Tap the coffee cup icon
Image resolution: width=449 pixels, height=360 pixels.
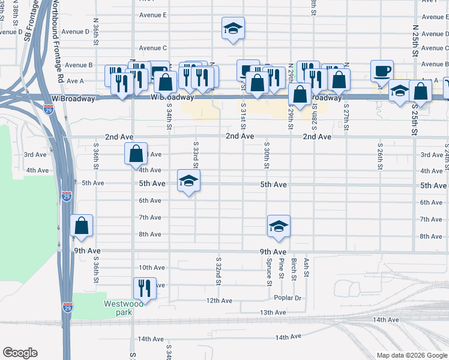(x=382, y=71)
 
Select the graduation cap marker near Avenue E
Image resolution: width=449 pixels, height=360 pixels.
(x=233, y=28)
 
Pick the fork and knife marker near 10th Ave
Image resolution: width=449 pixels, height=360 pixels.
(x=145, y=288)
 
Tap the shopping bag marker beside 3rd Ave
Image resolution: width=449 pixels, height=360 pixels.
(x=136, y=154)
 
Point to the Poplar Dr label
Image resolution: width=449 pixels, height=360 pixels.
(x=287, y=298)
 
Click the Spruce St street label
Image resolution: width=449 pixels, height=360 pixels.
(x=268, y=271)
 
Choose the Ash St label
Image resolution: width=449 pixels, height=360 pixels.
(x=306, y=266)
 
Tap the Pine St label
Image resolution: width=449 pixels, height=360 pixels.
(x=281, y=272)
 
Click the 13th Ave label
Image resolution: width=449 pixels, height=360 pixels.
(x=273, y=313)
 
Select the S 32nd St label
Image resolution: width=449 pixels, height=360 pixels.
(x=219, y=270)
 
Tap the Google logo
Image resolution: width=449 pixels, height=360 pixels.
(x=20, y=353)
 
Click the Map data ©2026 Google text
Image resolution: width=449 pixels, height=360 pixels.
(x=411, y=355)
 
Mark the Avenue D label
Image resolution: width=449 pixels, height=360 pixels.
(x=75, y=31)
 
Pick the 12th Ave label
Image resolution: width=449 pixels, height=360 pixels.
(x=219, y=300)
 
